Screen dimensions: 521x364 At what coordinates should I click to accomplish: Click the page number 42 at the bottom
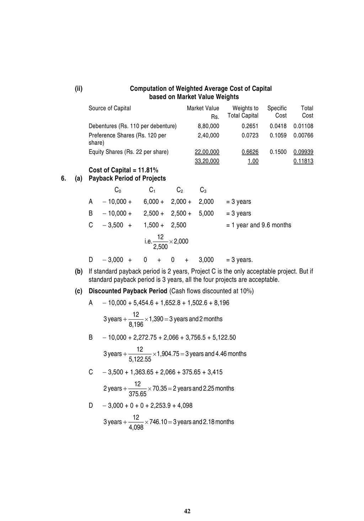(x=187, y=511)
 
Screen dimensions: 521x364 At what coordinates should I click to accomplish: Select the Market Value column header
(x=203, y=108)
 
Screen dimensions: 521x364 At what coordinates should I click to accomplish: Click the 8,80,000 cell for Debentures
(x=208, y=126)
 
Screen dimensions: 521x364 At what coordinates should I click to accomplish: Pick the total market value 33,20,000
(x=207, y=161)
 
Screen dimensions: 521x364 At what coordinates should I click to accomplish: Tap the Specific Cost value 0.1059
(x=278, y=135)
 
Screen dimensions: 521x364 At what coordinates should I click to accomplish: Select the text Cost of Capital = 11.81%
(x=123, y=170)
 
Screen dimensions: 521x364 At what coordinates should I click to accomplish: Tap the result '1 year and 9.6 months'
(x=258, y=225)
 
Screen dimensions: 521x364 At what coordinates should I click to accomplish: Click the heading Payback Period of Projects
(x=127, y=178)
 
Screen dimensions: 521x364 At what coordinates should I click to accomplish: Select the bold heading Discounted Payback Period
(x=128, y=291)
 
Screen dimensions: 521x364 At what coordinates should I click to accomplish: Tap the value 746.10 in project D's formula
(x=158, y=422)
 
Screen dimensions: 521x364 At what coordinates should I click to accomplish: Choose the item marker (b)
(x=79, y=271)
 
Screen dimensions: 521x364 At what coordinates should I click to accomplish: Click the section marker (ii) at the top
(x=79, y=88)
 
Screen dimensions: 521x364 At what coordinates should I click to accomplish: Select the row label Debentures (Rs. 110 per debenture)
(x=132, y=126)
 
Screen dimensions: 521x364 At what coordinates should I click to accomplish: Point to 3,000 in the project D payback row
(x=206, y=260)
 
